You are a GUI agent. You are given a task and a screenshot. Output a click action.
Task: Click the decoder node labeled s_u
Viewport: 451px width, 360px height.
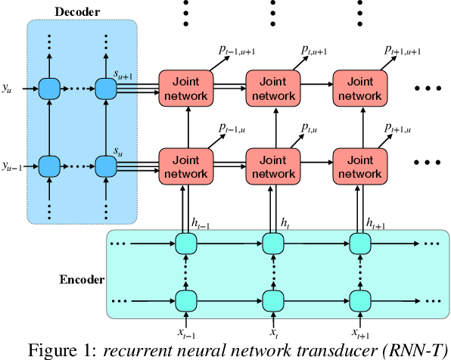(x=105, y=166)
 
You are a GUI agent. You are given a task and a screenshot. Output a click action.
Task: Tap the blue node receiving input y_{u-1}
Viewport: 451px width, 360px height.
(x=50, y=166)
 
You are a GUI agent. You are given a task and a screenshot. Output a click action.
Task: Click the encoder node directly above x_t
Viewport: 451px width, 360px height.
(x=272, y=297)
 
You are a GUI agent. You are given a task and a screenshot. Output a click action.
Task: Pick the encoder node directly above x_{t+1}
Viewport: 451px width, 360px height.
(x=359, y=297)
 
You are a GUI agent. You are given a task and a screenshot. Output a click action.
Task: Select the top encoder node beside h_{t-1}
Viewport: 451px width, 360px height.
(x=185, y=243)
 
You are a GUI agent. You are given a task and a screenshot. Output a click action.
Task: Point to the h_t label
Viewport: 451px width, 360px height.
(x=285, y=223)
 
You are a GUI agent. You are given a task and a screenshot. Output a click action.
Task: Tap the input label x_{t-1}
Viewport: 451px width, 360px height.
(x=186, y=333)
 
